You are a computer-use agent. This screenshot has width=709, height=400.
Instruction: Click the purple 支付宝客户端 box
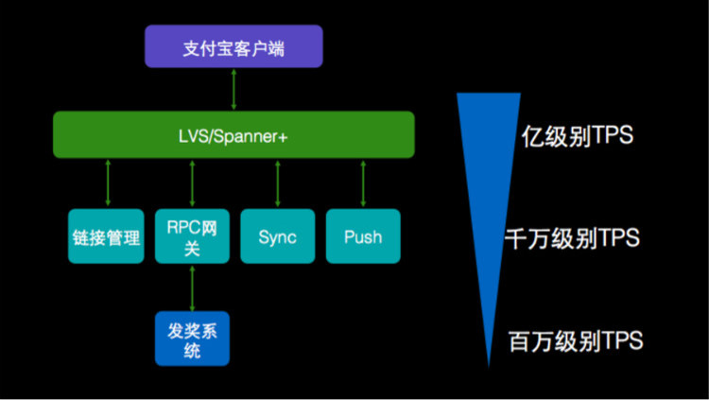pos(233,46)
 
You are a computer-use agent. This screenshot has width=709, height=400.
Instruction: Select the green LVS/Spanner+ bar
pos(233,134)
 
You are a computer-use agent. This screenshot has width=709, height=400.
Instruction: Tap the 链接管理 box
pos(107,235)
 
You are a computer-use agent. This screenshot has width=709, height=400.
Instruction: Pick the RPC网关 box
pos(193,235)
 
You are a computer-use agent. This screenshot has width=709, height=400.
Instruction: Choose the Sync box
pos(278,235)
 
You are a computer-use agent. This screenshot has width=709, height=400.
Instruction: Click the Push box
pos(363,235)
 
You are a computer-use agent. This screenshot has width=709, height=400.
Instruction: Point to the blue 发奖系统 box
pos(193,339)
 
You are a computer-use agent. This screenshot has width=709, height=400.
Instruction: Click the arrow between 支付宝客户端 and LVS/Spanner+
pos(233,90)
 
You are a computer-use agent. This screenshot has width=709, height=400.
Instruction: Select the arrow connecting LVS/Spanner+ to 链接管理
pos(108,183)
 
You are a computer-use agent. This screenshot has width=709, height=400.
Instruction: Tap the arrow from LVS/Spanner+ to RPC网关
pos(193,183)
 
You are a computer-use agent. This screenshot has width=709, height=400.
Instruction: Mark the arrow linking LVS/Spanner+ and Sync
pos(278,183)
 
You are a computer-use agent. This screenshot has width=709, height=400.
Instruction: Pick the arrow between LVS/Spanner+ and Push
pos(363,183)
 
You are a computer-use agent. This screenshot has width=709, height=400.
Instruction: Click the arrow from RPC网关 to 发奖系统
pos(193,287)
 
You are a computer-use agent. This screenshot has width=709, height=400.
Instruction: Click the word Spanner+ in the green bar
pos(250,135)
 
